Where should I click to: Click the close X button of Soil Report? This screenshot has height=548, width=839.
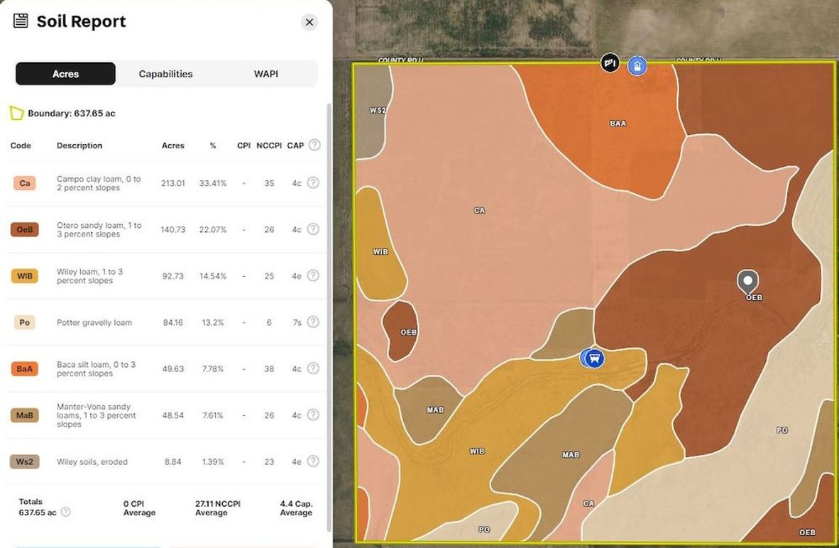[309, 22]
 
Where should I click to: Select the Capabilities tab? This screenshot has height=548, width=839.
[165, 74]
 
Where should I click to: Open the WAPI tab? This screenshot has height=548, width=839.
[266, 74]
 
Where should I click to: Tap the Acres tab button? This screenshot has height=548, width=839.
[65, 74]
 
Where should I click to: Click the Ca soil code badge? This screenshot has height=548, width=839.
[25, 183]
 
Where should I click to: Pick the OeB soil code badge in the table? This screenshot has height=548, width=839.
[25, 229]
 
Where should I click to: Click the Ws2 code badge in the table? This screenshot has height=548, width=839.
[25, 461]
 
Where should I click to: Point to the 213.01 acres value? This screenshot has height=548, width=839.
[173, 183]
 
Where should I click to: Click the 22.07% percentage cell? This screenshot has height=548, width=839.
[213, 229]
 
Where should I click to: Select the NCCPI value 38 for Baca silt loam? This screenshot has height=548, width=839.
[269, 369]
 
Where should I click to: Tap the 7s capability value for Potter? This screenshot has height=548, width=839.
[297, 322]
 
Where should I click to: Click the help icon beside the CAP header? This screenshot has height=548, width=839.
[314, 145]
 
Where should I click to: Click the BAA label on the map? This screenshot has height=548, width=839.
[618, 124]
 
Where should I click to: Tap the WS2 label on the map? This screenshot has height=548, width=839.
[378, 111]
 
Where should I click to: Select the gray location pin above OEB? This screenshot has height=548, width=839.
[747, 281]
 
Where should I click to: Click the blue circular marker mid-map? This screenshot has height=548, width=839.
[594, 358]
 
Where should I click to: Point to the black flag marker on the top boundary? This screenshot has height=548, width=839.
[610, 63]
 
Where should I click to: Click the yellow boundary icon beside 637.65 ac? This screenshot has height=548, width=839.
[16, 113]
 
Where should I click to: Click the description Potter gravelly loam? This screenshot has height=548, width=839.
[94, 322]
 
